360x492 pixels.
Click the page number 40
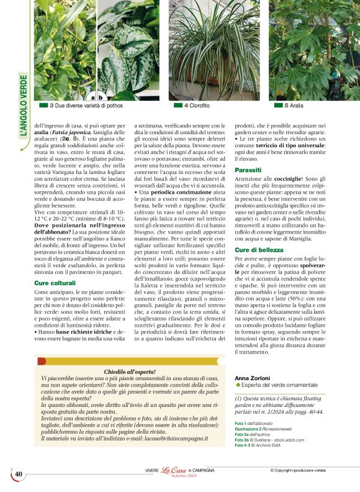pyautogui.click(x=19, y=475)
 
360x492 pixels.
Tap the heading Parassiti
pyautogui.click(x=248, y=170)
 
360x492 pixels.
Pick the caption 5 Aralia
pyautogui.click(x=294, y=106)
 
